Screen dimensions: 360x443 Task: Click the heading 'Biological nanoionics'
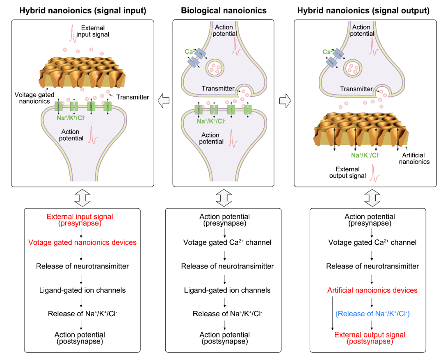224,11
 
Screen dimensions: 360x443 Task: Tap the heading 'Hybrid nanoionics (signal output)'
363,11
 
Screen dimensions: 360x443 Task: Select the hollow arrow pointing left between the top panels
164,100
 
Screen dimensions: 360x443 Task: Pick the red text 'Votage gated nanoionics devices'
82,242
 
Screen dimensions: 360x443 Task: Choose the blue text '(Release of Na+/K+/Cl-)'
372,314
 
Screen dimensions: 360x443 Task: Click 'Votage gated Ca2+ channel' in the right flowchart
372,242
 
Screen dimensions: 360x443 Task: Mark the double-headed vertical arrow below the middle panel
224,198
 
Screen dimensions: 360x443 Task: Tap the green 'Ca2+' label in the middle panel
190,52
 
